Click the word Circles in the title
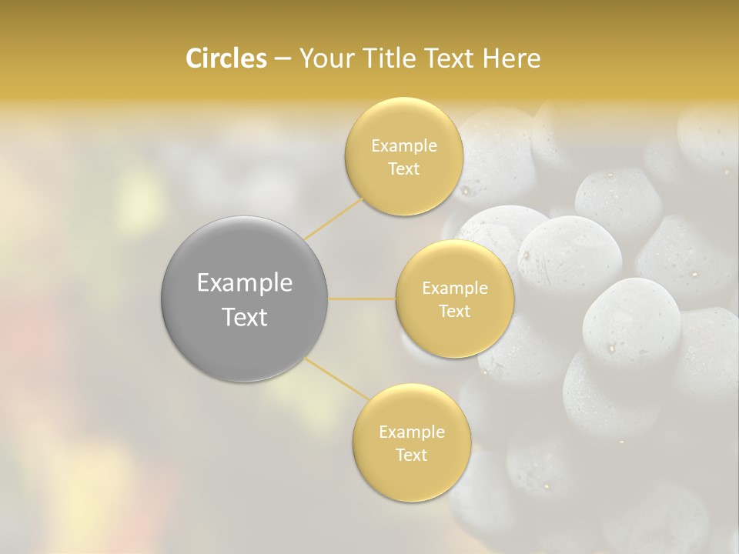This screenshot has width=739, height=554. (x=226, y=58)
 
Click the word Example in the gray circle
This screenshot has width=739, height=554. (x=244, y=283)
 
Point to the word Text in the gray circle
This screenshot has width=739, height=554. (x=244, y=317)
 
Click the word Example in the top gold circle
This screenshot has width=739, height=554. (x=403, y=146)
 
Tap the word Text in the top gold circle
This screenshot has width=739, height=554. (x=403, y=169)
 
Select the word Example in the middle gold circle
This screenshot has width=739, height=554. (x=454, y=289)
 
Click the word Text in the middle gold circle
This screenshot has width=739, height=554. (x=454, y=312)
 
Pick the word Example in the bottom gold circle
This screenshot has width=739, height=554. (x=411, y=432)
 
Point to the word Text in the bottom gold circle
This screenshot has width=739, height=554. (x=411, y=456)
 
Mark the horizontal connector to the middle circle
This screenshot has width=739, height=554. (x=362, y=299)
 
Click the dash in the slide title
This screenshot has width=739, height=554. (x=282, y=59)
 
